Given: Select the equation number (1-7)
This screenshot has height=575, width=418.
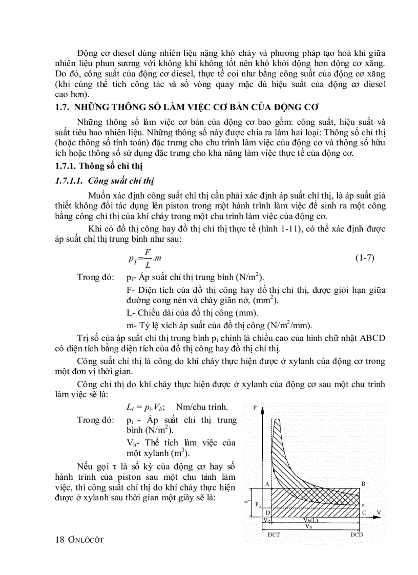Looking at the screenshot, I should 365,258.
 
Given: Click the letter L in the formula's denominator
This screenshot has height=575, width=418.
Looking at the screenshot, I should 148,265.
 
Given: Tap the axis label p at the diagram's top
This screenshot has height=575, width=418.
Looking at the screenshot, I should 255,407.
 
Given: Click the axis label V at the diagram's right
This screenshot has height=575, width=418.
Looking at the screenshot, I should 379,512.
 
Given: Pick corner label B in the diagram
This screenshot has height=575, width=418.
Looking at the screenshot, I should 363,483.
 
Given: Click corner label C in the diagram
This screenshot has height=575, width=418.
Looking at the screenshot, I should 363,512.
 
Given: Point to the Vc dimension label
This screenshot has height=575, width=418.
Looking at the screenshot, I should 267,520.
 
